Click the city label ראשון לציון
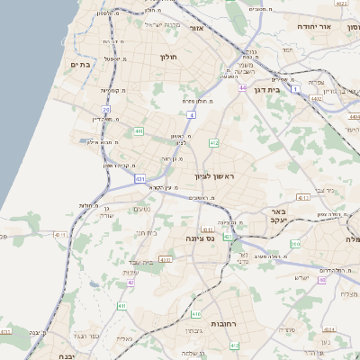tap(212, 176)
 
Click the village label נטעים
tap(142, 210)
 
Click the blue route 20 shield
tap(106, 110)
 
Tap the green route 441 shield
tap(139, 131)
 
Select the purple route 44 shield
tap(243, 87)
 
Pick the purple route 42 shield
tap(130, 283)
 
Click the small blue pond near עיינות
tap(93, 286)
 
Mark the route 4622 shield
tap(338, 4)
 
